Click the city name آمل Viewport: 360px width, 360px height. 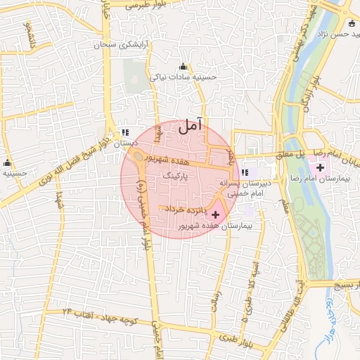pos(189,127)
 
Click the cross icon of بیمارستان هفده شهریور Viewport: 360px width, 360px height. pos(215,214)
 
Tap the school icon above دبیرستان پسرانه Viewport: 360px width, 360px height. pos(245,172)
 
